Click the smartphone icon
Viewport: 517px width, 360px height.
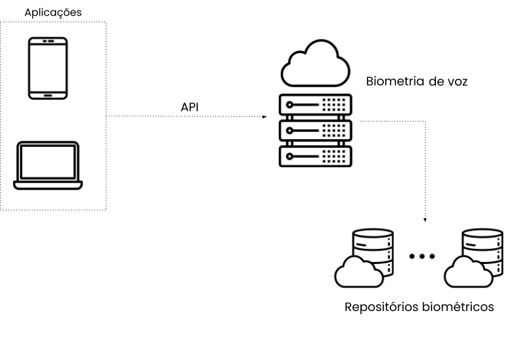[48, 68]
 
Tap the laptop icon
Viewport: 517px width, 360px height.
[48, 165]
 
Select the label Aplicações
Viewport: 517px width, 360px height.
[53, 12]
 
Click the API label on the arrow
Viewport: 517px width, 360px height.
[189, 106]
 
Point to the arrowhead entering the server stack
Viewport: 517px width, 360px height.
[265, 116]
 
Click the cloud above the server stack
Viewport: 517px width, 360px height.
[315, 63]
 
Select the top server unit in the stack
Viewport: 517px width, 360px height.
[315, 105]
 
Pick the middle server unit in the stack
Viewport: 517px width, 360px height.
[315, 129]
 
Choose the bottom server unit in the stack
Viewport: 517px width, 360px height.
[315, 155]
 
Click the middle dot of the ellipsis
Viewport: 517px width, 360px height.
[422, 256]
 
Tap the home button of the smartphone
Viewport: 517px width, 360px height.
[48, 94]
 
